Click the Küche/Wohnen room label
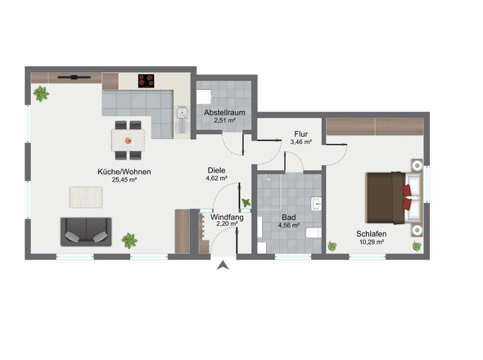124,172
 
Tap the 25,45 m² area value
124,179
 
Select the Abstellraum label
224,112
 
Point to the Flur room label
301,134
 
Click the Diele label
216,170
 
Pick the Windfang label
227,218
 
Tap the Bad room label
289,218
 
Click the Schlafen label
372,234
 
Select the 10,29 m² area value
372,242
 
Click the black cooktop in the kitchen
146,81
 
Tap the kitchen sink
183,119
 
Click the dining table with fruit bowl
129,141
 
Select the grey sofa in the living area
86,232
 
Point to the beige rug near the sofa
86,197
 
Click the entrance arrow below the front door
223,265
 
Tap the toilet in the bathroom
314,233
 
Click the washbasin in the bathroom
316,204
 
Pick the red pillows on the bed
407,197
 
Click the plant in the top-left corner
41,93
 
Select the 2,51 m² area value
224,120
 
